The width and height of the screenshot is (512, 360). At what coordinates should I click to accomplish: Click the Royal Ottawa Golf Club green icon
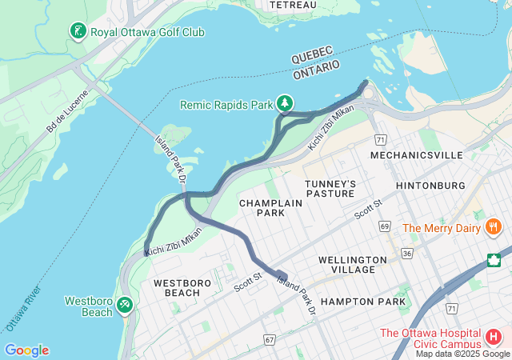[x=78, y=32]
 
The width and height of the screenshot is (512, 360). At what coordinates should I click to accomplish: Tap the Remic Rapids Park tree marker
[x=284, y=104]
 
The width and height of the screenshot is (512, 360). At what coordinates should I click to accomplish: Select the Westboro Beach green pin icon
[x=124, y=305]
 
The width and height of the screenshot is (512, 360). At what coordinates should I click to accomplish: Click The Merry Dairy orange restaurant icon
[x=494, y=228]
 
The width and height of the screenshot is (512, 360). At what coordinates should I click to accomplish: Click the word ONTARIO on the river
[x=317, y=70]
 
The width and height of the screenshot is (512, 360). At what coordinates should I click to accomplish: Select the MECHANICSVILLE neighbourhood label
[x=406, y=154]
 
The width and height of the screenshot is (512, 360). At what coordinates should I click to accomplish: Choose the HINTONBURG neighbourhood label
[x=430, y=186]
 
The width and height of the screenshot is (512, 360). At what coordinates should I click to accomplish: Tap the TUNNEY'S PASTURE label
[x=330, y=189]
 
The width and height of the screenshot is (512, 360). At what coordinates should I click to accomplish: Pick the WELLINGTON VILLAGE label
[x=346, y=265]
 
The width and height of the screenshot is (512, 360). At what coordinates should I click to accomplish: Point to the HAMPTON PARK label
[x=358, y=302]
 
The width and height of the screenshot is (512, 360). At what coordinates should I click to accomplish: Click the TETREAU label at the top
[x=293, y=5]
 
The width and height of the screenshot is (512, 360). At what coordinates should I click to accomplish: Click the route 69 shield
[x=385, y=227]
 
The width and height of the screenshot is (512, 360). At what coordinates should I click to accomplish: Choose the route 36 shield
[x=407, y=254]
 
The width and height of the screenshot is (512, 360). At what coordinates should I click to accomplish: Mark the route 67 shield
[x=269, y=340]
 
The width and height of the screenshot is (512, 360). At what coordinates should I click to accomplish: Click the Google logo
[x=26, y=350]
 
